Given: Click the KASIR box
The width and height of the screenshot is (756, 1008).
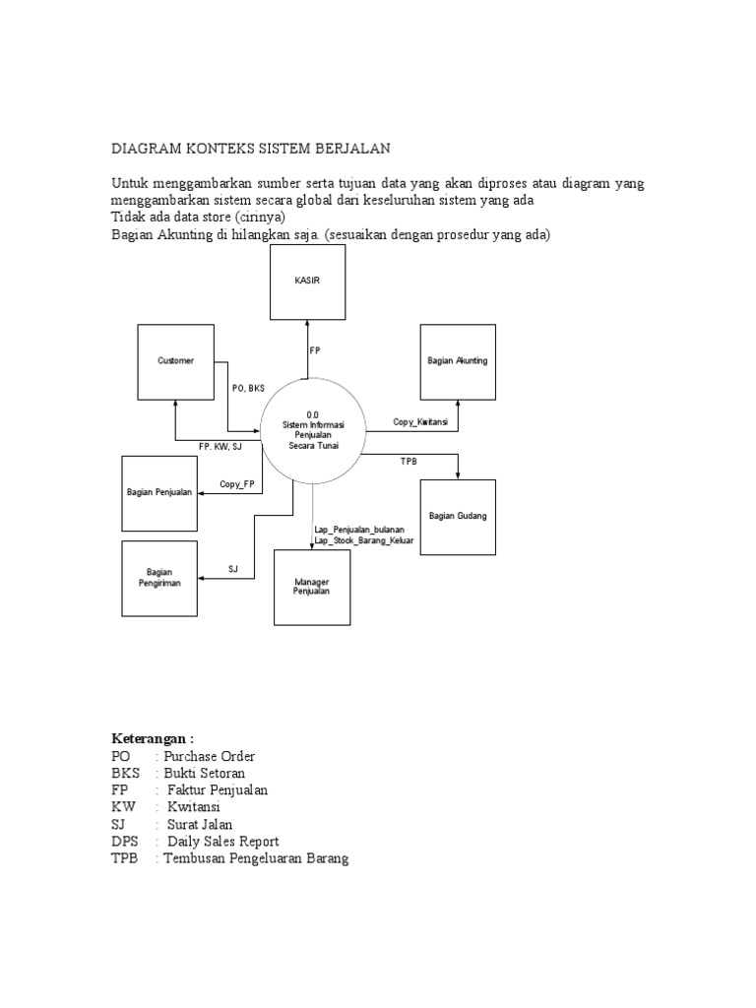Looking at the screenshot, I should point(308,282).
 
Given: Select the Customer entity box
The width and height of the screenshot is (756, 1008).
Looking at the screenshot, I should point(176,361).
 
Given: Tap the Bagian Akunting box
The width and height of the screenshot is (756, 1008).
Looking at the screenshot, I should point(458,361).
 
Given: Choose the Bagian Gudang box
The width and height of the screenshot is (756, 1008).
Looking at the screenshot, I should point(458,516).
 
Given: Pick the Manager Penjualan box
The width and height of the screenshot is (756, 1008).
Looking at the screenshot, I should point(312,587).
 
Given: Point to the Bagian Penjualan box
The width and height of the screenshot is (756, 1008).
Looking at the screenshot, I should point(158,491).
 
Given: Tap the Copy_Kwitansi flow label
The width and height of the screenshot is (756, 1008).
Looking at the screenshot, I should point(420,421).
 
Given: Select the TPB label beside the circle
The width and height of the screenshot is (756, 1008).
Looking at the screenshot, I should point(409,462).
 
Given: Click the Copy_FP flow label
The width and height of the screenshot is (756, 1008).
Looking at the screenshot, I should point(236,483).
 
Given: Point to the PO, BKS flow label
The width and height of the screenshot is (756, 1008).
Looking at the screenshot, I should point(249,388).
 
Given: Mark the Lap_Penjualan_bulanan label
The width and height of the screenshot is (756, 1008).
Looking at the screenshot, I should point(359,530).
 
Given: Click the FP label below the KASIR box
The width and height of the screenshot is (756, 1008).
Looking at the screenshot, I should point(315,350).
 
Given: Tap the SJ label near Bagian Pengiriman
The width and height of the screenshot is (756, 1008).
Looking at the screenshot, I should point(233,569).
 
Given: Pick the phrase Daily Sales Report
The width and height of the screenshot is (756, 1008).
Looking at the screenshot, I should point(222,841).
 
